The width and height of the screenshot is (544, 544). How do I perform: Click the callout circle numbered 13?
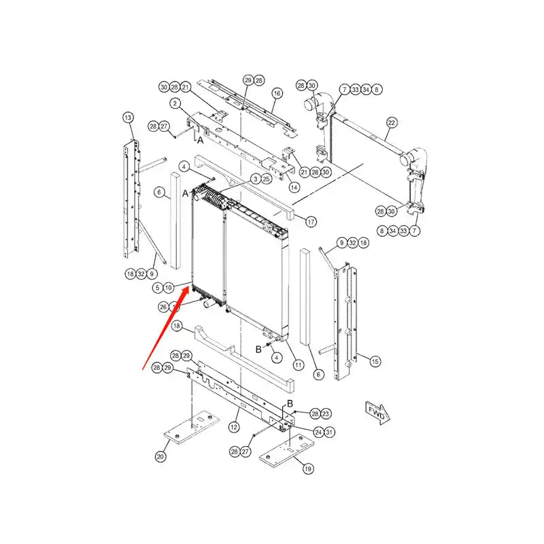(129, 118)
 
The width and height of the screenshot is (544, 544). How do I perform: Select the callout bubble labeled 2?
(175, 104)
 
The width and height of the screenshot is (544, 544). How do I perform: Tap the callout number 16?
(277, 92)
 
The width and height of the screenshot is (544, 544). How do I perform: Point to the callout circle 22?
(391, 123)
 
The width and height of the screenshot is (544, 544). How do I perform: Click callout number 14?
(294, 187)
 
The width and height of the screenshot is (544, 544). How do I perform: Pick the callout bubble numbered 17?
(311, 222)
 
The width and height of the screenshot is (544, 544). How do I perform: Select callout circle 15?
(375, 361)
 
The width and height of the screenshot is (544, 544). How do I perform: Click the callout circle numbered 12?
(233, 427)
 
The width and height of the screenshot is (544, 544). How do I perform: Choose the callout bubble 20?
(160, 457)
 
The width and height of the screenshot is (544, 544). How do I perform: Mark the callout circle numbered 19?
(307, 469)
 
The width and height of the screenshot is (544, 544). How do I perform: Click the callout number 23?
(326, 413)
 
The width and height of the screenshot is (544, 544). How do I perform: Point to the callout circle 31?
(330, 431)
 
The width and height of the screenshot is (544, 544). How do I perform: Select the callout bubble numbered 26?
(163, 307)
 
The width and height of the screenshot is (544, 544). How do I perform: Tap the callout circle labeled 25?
(267, 178)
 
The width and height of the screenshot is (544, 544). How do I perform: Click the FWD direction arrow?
(376, 411)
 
